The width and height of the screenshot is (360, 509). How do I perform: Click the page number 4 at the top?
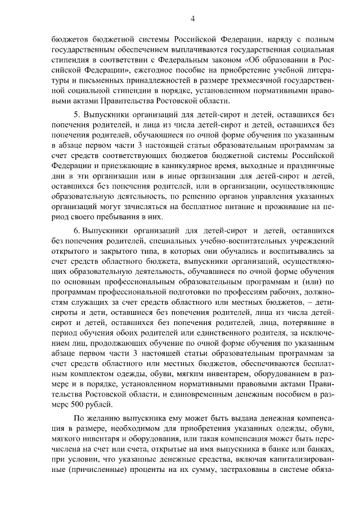[192, 19]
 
